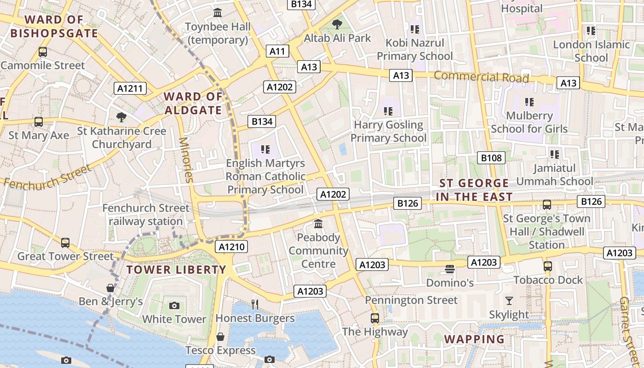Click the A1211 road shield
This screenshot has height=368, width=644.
130,88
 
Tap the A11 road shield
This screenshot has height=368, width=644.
277,51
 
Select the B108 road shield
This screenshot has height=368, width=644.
491,158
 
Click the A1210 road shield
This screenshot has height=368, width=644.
232,247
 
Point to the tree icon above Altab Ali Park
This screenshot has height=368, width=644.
337,24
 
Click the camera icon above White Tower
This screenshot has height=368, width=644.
174,305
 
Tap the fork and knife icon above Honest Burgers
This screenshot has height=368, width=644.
255,304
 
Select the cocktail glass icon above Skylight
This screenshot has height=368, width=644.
509,301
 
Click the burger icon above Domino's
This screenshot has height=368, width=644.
449,269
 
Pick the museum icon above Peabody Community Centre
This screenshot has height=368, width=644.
318,224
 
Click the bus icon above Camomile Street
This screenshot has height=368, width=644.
43,52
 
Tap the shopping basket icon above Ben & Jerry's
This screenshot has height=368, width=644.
110,288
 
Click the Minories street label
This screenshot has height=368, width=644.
186,159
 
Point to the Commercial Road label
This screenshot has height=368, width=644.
481,77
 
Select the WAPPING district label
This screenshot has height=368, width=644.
474,339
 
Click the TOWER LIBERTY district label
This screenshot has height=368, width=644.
176,270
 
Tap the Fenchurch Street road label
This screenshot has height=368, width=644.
47,176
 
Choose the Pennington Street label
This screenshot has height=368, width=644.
411,300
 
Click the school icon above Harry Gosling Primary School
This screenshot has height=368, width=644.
388,111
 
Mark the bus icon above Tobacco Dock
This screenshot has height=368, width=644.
547,266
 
